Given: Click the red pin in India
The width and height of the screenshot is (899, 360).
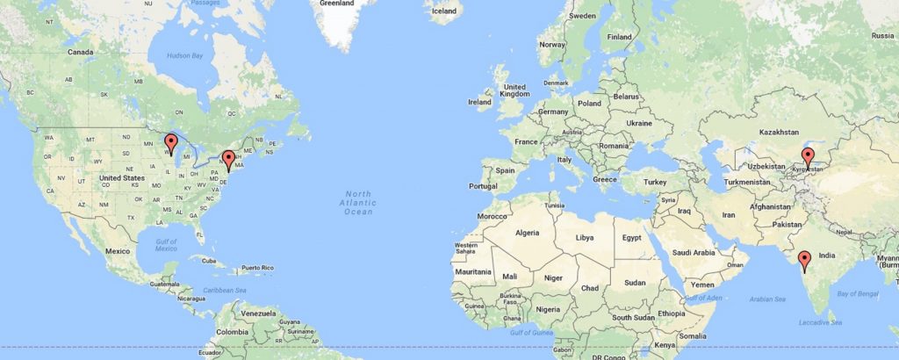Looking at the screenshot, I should (x=803, y=259).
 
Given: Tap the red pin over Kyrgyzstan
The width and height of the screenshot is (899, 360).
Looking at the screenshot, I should (x=807, y=157).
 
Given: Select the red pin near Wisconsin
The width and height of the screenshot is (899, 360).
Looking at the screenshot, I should (x=172, y=142).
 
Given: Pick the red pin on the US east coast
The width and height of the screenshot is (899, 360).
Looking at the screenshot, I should (x=228, y=159).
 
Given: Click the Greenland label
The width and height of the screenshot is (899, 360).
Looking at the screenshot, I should (x=336, y=4).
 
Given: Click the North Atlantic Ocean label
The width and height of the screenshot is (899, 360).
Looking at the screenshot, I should (x=358, y=202).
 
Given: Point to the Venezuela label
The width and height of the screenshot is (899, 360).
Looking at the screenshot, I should (x=259, y=313).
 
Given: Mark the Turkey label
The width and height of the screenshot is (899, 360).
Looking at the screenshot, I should (x=656, y=182).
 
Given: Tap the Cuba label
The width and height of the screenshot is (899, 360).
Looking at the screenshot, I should (x=208, y=260).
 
